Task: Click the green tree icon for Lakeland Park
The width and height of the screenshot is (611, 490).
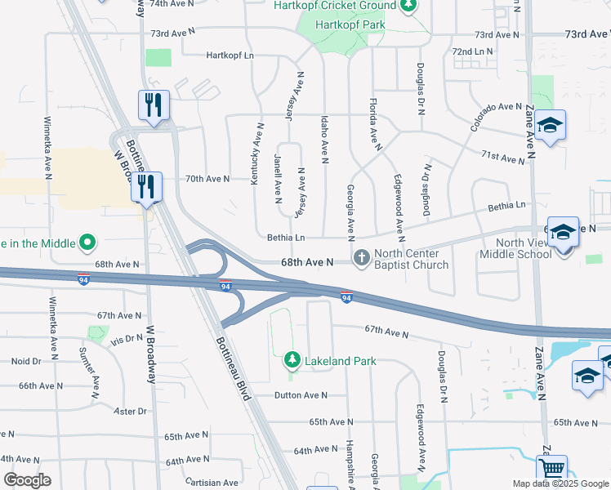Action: (x=291, y=360)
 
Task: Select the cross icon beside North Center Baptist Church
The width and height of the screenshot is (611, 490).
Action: (x=362, y=258)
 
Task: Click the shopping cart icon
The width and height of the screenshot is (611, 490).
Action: (x=551, y=469)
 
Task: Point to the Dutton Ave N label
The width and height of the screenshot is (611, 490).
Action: (x=300, y=395)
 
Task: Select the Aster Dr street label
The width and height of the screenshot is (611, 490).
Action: (x=130, y=411)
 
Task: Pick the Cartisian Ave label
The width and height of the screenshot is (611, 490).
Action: (x=212, y=483)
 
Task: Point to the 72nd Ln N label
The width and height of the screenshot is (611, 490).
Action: (x=473, y=51)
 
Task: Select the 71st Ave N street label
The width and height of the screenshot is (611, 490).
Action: (x=502, y=155)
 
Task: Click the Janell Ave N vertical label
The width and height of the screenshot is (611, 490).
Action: (x=278, y=176)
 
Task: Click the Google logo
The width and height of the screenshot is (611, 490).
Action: (x=27, y=480)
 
